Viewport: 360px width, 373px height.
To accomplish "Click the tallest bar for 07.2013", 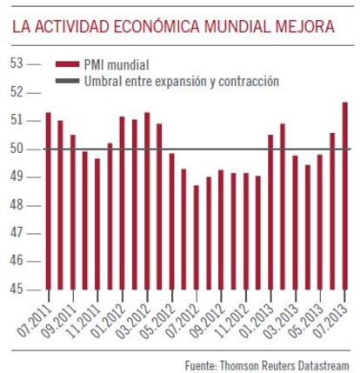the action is pos(345,196).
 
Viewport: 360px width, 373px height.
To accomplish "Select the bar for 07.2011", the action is pos(49,201).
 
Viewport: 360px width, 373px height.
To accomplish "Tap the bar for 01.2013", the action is pos(270,212).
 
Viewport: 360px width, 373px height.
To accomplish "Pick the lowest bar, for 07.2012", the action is pos(197,237).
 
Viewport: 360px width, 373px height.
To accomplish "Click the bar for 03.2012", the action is pos(147,201).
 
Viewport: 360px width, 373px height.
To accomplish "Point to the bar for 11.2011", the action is pos(97,224).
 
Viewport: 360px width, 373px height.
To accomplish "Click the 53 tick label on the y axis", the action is pos(17,63).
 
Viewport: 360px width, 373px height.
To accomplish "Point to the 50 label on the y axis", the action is pos(17,149).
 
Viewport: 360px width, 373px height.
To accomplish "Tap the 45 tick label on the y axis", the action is pos(17,289).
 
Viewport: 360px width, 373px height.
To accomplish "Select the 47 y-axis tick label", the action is pos(17,233).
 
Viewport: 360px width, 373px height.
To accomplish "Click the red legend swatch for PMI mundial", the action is pos(67,64).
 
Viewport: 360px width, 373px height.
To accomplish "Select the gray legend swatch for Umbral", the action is pos(67,81).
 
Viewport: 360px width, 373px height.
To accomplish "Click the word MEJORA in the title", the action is pos(305,27).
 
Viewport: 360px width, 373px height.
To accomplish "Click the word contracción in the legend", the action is pos(249,81).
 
